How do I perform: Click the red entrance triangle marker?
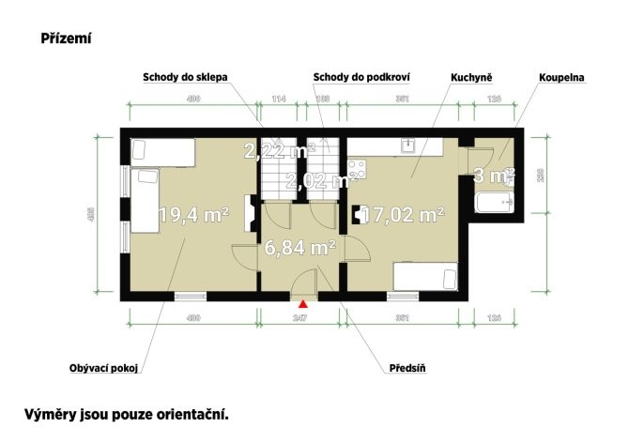(x=302, y=303)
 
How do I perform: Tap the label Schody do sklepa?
(x=185, y=77)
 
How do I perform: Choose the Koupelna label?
(x=561, y=77)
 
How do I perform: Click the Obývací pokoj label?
(x=102, y=368)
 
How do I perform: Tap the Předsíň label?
(x=407, y=368)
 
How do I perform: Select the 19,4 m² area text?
(x=194, y=215)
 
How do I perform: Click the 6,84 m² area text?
(x=300, y=248)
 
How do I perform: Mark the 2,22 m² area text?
(x=279, y=150)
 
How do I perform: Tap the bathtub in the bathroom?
(x=492, y=204)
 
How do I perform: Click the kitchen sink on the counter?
(x=407, y=145)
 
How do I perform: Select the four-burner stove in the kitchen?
(x=356, y=171)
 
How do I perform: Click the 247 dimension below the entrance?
(x=301, y=319)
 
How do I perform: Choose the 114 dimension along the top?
(x=278, y=99)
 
